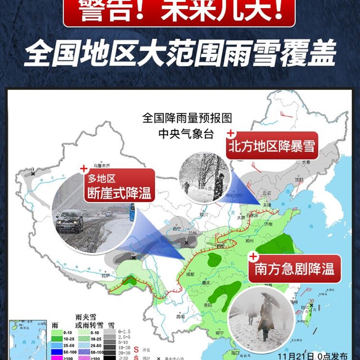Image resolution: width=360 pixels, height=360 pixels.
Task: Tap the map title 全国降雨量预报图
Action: click(x=187, y=119)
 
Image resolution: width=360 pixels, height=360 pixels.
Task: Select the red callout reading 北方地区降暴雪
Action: click(x=272, y=146)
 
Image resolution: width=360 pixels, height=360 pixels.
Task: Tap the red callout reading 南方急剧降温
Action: click(x=295, y=269)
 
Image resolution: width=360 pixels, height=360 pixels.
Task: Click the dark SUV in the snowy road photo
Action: click(x=70, y=221)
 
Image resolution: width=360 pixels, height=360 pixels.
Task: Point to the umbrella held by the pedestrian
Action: click(x=270, y=299)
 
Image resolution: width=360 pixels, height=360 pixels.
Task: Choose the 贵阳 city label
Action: click(x=207, y=305)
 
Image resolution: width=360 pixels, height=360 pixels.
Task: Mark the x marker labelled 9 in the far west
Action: click(x=33, y=173)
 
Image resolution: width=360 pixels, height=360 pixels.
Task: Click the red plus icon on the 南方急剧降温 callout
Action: click(x=252, y=257)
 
